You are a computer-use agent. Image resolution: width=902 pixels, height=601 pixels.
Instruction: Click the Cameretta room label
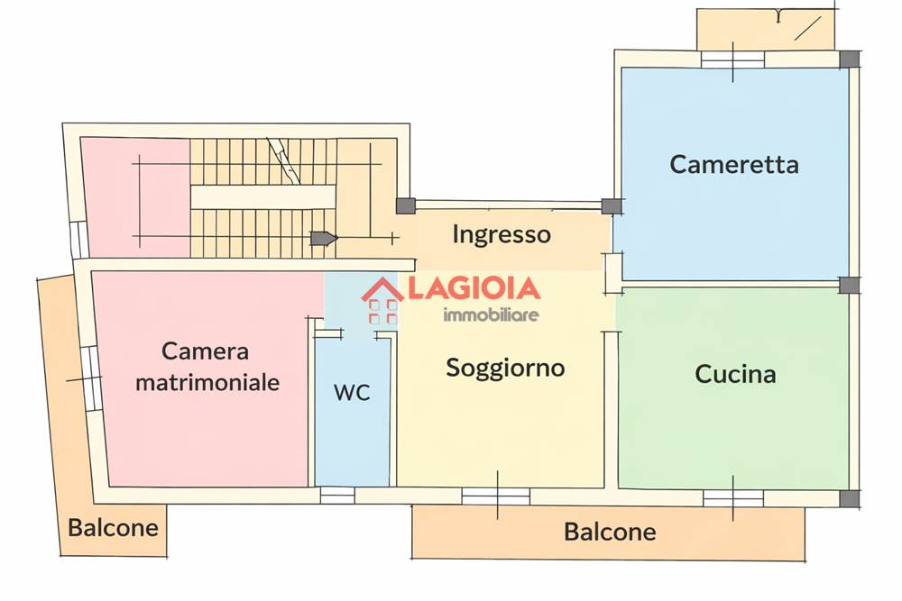pos(734,165)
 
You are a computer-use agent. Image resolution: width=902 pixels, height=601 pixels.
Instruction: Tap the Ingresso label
pos(502,235)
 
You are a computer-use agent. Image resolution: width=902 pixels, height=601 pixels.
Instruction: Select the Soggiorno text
pos(505,368)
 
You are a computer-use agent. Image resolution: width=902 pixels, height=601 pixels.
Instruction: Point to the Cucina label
pos(735,374)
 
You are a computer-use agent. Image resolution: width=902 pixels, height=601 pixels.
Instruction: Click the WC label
pos(352,393)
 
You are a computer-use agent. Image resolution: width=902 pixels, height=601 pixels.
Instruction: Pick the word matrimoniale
pos(207,382)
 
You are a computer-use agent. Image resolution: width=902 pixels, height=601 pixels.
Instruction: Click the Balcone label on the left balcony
pos(114,527)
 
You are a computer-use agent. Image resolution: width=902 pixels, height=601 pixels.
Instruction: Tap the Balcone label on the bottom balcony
pos(610,532)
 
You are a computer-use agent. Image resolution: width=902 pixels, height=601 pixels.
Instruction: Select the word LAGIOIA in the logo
pos(474,288)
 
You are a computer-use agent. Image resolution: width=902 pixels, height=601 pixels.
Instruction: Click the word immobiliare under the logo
pos(491,314)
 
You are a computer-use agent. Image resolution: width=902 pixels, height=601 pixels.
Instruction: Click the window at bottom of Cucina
pos(733,497)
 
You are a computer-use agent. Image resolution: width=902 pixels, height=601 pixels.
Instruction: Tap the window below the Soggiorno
pos(495,496)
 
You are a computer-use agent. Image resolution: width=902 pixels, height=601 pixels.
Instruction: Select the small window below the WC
pos(337,495)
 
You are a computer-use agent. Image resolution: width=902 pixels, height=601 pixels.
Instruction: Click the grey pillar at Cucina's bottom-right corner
pos(849,498)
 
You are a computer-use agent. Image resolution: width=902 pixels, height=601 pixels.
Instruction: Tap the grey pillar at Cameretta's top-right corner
pos(849,59)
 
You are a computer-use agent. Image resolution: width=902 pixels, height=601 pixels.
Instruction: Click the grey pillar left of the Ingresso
pos(406,206)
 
